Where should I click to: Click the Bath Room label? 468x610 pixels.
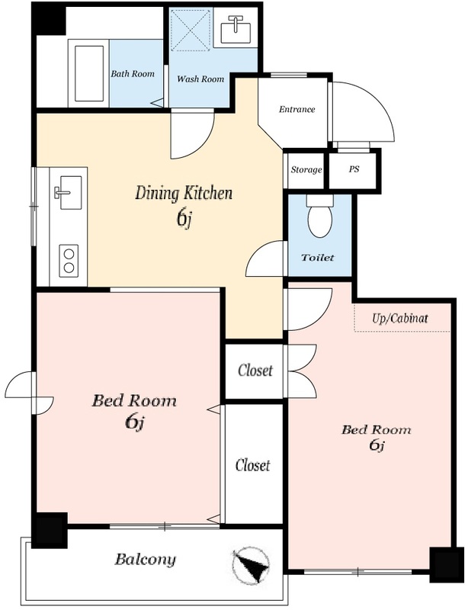[x=133, y=73]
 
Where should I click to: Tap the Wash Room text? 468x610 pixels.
[x=200, y=79]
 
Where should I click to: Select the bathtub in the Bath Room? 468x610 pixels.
[x=89, y=73]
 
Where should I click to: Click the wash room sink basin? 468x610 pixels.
[x=236, y=29]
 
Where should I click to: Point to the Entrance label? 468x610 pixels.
[x=297, y=109]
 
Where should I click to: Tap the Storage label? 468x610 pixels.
[x=306, y=169]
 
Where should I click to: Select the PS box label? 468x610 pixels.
[x=354, y=169]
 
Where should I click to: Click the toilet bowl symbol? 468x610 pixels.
[x=320, y=217]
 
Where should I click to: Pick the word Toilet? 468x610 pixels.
[x=317, y=258]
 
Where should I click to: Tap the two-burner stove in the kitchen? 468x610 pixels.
[x=69, y=261]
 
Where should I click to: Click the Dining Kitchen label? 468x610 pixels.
[x=184, y=194]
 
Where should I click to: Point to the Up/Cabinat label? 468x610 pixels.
[x=400, y=319]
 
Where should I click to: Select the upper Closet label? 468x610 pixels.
[x=255, y=371]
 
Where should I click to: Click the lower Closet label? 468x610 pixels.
[x=252, y=465]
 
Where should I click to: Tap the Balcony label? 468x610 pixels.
[x=145, y=560]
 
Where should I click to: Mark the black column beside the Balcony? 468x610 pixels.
[x=50, y=530]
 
